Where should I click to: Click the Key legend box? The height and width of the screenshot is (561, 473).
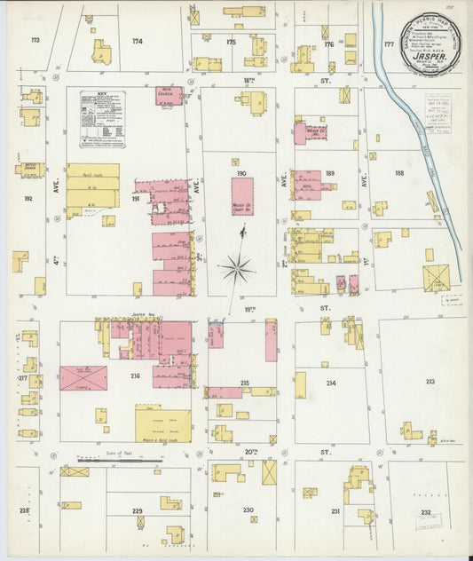pos(102,118)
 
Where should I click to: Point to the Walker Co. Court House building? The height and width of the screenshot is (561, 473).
pos(242,196)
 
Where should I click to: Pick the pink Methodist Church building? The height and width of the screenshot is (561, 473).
pos(169,95)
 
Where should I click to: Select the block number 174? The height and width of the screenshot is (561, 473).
pos(137,42)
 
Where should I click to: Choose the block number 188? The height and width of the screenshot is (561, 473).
pos(398,174)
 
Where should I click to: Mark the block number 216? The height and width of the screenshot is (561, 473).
pos(135,376)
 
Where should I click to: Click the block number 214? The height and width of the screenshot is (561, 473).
pos(330,383)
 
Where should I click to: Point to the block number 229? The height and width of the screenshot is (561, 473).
pos(137,511)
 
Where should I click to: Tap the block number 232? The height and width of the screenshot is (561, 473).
pos(426,512)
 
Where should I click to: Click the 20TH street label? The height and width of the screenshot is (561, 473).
pos(252,451)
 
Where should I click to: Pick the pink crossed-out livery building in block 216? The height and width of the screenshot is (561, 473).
pos(83,377)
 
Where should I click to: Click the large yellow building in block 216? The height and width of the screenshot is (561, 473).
pos(162,424)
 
